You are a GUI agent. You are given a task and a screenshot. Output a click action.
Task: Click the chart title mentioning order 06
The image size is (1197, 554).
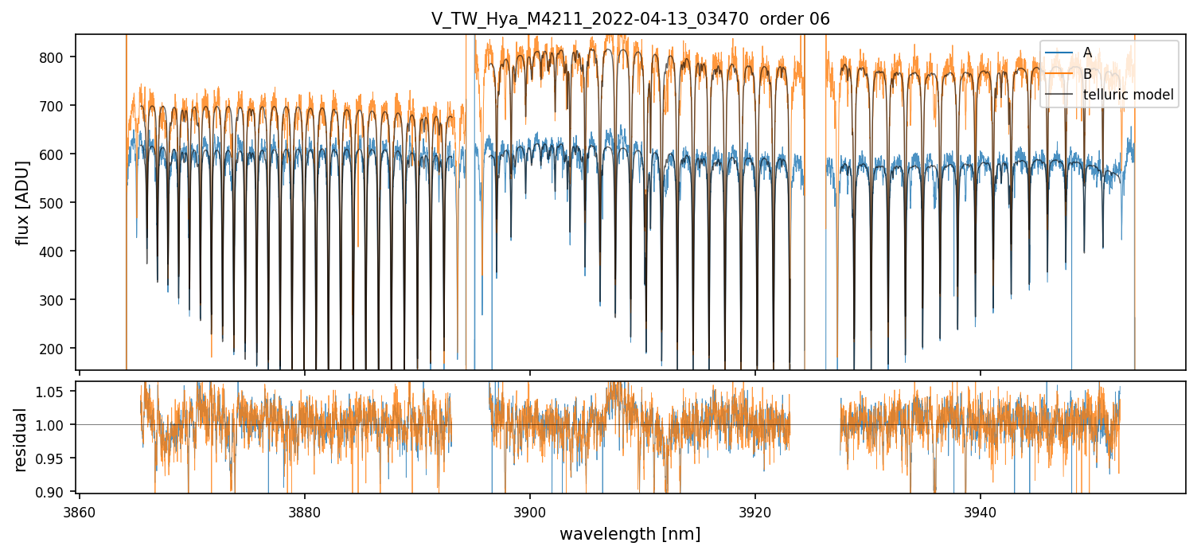pos(630,19)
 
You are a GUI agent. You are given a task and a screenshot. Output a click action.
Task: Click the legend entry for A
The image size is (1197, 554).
pos(1087,53)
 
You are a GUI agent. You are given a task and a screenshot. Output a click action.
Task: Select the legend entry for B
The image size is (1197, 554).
pos(1087,74)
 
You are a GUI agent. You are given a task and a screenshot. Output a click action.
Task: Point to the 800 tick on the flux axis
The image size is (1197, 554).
pos(58,57)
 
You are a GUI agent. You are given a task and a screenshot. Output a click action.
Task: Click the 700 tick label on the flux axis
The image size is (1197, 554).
pos(58,106)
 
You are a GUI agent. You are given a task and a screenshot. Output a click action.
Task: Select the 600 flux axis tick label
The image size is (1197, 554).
pos(58,154)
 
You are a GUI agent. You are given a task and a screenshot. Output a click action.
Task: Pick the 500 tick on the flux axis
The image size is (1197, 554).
pos(58,203)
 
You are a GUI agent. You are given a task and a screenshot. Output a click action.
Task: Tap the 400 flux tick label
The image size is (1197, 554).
pos(58,252)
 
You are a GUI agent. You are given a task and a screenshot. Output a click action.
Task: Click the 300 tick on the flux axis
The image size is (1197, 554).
pos(58,300)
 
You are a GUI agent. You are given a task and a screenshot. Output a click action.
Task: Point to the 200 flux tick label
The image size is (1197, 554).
pos(58,349)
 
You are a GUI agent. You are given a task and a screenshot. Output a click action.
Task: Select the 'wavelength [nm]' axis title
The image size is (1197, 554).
pos(630,534)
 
